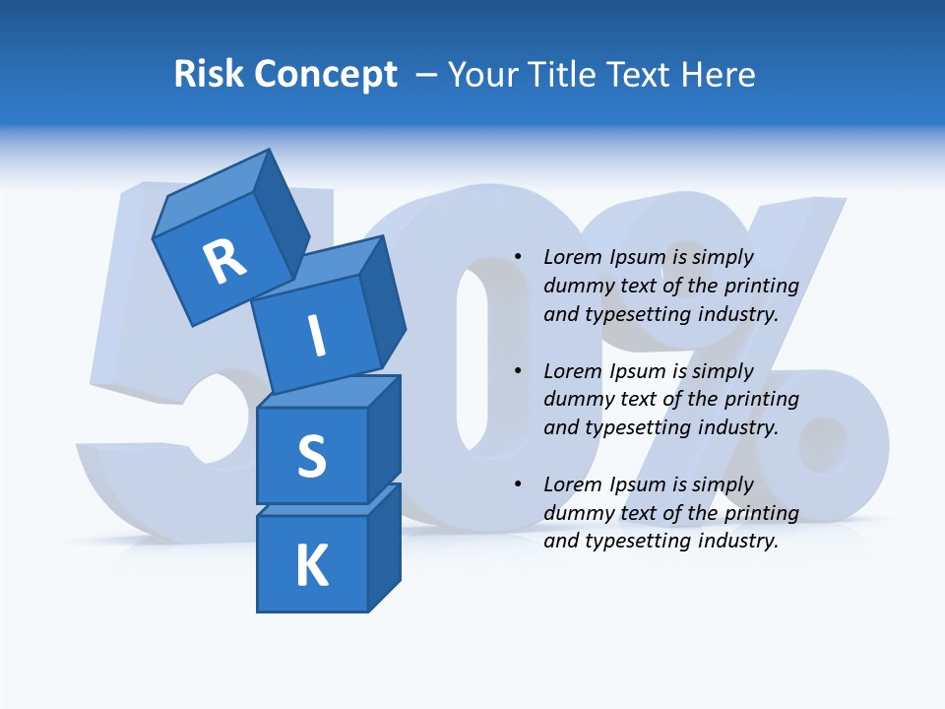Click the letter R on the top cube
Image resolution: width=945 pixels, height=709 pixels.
[x=224, y=261]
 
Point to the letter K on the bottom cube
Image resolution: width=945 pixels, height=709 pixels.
[x=311, y=566]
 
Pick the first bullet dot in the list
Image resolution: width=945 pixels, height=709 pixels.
[x=518, y=257]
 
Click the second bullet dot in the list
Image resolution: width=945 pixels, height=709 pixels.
[x=518, y=371]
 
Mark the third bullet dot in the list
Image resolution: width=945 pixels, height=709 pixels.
[x=518, y=484]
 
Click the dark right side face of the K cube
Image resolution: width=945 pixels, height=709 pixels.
[x=384, y=551]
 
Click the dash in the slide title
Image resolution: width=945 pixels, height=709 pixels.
[x=426, y=74]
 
